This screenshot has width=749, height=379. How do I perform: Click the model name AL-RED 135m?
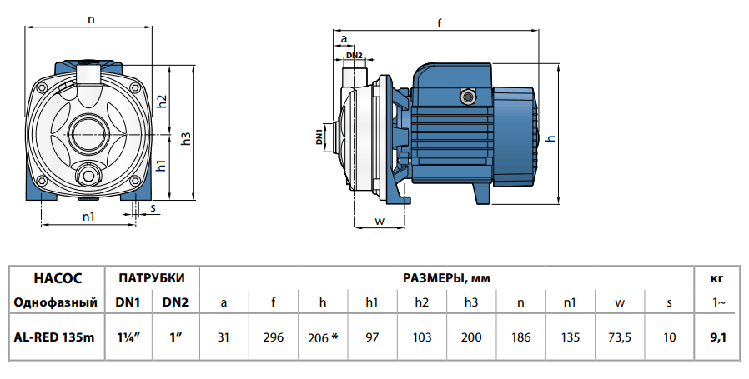[54, 337]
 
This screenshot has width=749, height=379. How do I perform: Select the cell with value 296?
[272, 337]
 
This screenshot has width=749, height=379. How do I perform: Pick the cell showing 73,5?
[619, 337]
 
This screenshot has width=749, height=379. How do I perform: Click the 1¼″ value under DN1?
[126, 337]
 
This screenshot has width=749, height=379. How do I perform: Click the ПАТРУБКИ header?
[151, 277]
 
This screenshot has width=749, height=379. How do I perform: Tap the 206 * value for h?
[323, 337]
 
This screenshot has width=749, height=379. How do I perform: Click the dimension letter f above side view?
[439, 24]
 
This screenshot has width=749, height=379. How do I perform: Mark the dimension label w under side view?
[379, 221]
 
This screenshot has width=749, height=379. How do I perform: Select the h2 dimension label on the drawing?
[163, 100]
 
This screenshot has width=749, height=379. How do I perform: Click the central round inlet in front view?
[88, 132]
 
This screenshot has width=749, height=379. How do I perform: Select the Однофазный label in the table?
[54, 302]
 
